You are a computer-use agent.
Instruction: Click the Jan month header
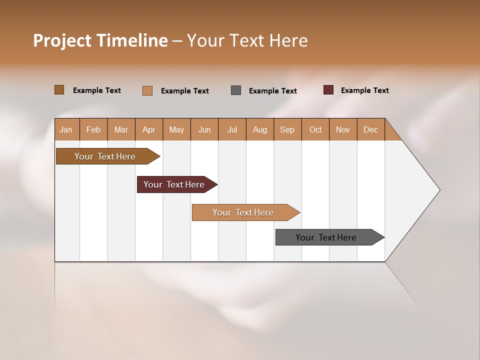point(66,129)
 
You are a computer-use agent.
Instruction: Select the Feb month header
point(93,129)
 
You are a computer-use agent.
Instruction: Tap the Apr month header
point(148,129)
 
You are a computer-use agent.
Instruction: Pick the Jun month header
point(204,129)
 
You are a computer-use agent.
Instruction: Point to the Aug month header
point(259,129)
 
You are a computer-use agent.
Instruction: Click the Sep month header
point(287,129)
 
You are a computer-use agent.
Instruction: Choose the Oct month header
point(315,129)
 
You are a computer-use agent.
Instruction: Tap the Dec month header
point(370,129)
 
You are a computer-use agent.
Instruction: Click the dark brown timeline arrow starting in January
point(105,156)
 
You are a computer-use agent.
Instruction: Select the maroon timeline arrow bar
point(174,184)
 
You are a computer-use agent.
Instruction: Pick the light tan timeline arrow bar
point(243,212)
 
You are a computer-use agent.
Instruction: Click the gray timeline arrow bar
point(326,237)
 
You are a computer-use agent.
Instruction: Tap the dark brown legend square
point(59,90)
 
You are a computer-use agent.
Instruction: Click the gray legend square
point(236,90)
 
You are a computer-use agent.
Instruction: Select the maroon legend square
point(328,90)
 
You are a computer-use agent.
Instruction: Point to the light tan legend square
point(147,90)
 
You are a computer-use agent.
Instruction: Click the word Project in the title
point(62,40)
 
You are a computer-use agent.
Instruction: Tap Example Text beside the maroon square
point(364,90)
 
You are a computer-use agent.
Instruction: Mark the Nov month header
point(343,129)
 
